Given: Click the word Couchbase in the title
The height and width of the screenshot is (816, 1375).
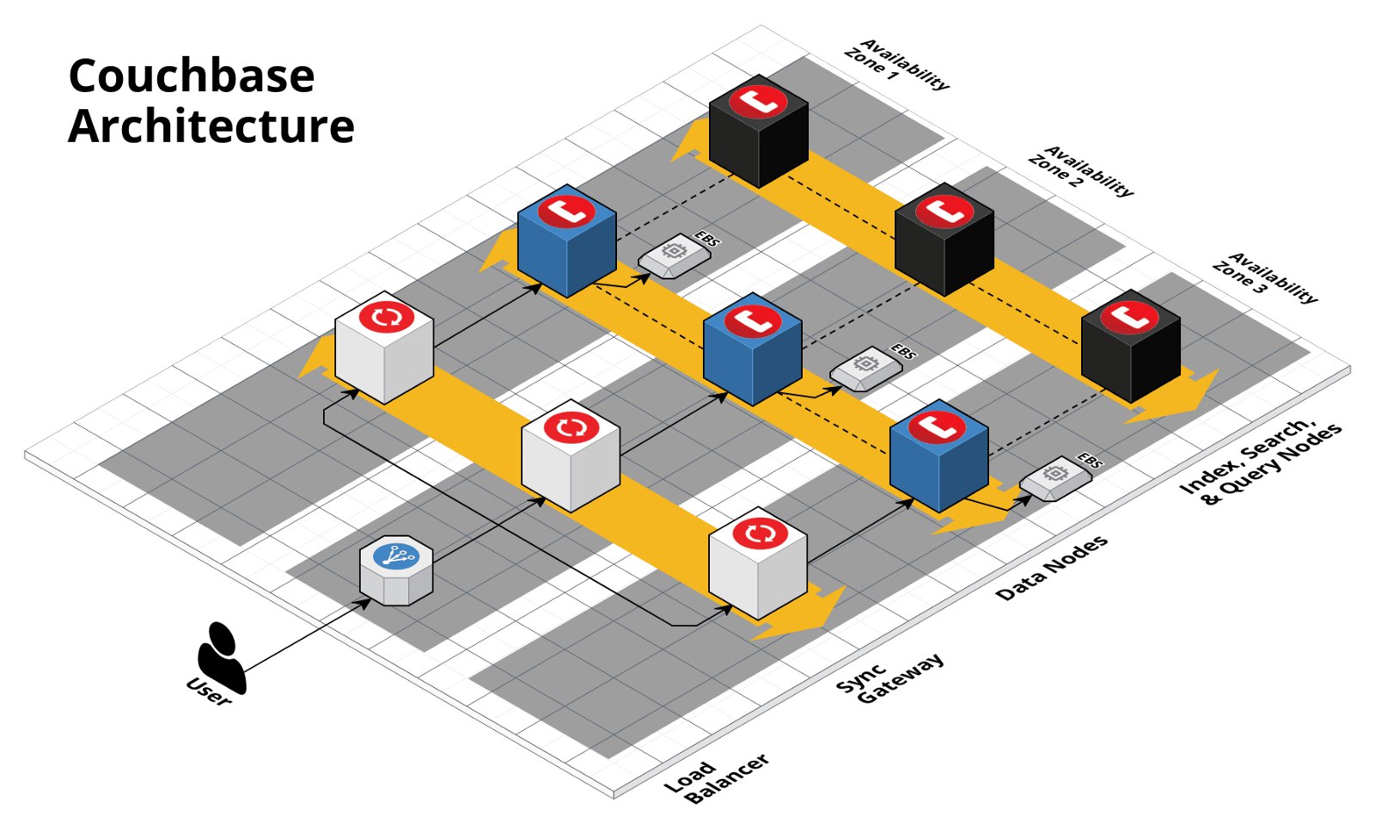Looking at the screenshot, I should pos(191,76).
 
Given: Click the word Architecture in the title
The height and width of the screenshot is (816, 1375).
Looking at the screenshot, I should pos(211,126).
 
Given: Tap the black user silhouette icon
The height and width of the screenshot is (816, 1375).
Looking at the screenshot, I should pos(221,657).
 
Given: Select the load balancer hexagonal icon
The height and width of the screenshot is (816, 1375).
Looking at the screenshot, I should pos(395,571).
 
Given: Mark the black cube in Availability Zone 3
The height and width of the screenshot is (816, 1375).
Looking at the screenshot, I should pos(1130,347).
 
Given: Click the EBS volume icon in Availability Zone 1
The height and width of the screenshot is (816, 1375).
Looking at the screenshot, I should pos(674,255).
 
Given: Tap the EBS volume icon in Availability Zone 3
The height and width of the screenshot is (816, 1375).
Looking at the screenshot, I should pos(1055,477).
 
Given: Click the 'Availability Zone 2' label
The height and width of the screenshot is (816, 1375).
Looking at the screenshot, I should pos(1080,173).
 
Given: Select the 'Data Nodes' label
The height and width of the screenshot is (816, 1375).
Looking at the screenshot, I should pos(1052,568).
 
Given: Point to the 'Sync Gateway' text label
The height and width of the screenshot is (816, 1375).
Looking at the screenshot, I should pos(889,678).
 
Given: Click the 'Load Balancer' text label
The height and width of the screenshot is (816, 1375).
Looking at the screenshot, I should pos(716,778).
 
